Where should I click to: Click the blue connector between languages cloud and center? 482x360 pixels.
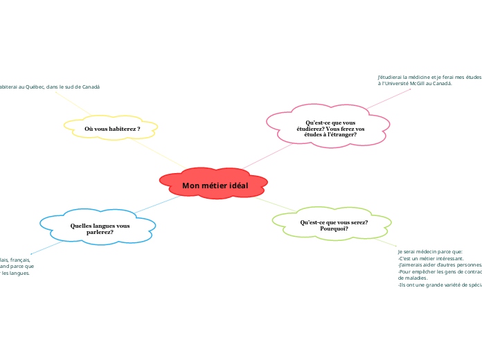pos(156,203)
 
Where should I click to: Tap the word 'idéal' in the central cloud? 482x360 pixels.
pos(235,186)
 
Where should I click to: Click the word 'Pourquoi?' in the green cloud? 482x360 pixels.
pos(334,228)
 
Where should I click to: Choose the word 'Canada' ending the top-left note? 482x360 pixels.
pos(91,87)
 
